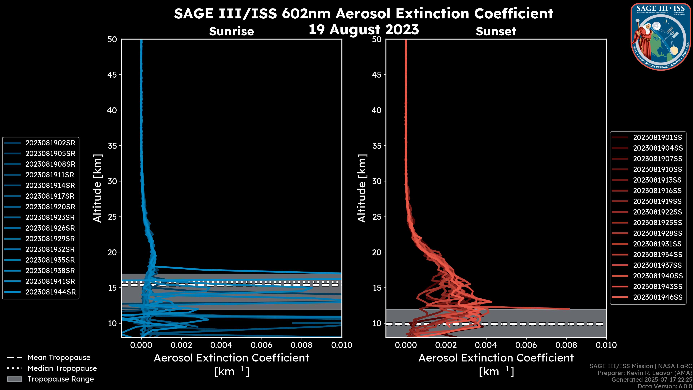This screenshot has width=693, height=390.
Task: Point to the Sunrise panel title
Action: click(x=231, y=31)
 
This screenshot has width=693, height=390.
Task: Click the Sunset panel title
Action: click(x=496, y=31)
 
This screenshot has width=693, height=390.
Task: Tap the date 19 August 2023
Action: click(x=363, y=29)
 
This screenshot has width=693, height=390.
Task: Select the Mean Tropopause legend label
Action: click(x=59, y=357)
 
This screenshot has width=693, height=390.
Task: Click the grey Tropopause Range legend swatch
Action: click(x=14, y=379)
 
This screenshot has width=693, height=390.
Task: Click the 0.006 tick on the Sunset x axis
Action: click(x=526, y=345)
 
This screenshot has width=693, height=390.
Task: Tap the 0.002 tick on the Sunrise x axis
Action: click(x=181, y=345)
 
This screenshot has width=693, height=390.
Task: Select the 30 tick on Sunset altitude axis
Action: click(x=377, y=181)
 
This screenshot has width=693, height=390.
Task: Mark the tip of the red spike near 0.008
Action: click(x=569, y=309)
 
